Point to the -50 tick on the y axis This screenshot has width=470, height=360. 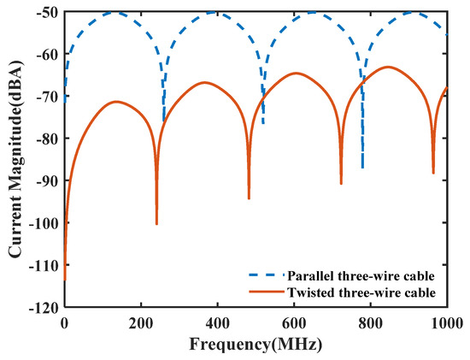coord(48,12)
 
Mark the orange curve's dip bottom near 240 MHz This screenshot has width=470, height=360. coord(156,224)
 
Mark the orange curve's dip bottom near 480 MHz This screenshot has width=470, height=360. coord(249,198)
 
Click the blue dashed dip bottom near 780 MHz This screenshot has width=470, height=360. coord(362,168)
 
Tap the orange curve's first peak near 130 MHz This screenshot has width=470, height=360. coord(115,101)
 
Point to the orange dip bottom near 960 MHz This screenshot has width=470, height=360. coord(433,174)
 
